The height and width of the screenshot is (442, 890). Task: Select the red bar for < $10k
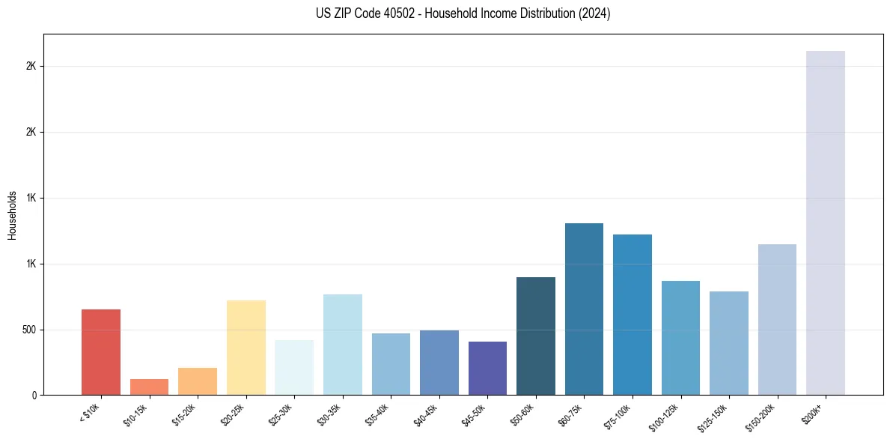(x=101, y=352)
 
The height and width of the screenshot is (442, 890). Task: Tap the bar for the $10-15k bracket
(x=149, y=387)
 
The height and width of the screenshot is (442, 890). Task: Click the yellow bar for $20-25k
(x=246, y=348)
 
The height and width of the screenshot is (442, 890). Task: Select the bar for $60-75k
(x=584, y=309)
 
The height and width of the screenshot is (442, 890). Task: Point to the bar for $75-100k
(x=633, y=315)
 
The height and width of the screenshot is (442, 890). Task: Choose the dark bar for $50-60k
(x=536, y=336)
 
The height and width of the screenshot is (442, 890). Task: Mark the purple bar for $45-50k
(x=487, y=368)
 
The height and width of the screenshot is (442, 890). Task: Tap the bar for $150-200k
(x=777, y=319)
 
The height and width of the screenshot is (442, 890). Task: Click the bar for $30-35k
(x=342, y=345)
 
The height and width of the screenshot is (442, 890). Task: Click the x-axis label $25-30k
(x=280, y=414)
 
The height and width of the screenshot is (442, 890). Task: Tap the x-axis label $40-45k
(x=425, y=414)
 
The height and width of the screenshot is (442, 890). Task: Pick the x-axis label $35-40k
(x=377, y=414)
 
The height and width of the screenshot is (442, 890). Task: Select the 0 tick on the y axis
(x=34, y=395)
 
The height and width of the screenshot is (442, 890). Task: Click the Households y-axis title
(x=12, y=215)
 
